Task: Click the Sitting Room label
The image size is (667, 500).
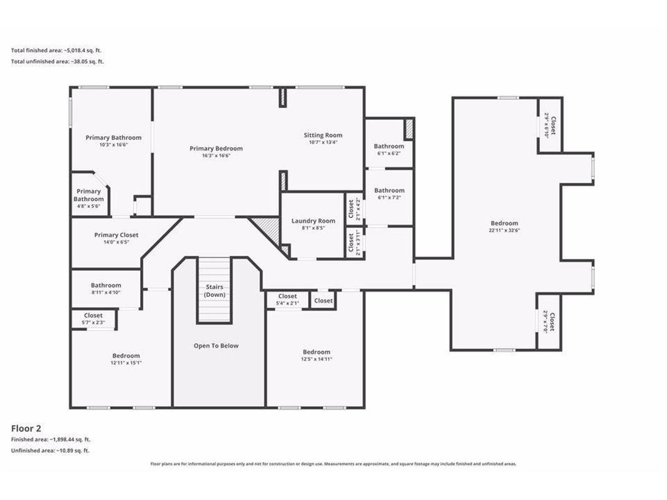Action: tap(323, 135)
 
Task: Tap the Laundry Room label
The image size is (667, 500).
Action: tap(313, 221)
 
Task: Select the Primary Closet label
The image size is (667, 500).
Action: tap(116, 234)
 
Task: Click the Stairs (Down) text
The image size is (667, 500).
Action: tap(214, 291)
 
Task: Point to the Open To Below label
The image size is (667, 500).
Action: tap(216, 346)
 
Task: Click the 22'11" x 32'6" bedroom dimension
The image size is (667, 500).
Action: tap(505, 230)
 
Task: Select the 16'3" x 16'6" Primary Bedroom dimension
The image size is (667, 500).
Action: tap(216, 156)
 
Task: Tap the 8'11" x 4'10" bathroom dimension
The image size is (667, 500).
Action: tap(106, 292)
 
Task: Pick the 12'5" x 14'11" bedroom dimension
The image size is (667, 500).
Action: tap(317, 359)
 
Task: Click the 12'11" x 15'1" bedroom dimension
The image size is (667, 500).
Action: tap(126, 363)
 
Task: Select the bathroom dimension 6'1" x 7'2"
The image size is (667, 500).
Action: tap(390, 197)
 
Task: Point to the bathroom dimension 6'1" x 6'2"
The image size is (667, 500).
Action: tap(389, 153)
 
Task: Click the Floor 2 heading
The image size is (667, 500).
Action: tap(26, 428)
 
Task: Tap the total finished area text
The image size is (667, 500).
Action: tap(56, 50)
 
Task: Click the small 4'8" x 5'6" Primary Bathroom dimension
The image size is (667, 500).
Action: tap(89, 206)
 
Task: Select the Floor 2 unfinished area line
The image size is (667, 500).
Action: tap(50, 451)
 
